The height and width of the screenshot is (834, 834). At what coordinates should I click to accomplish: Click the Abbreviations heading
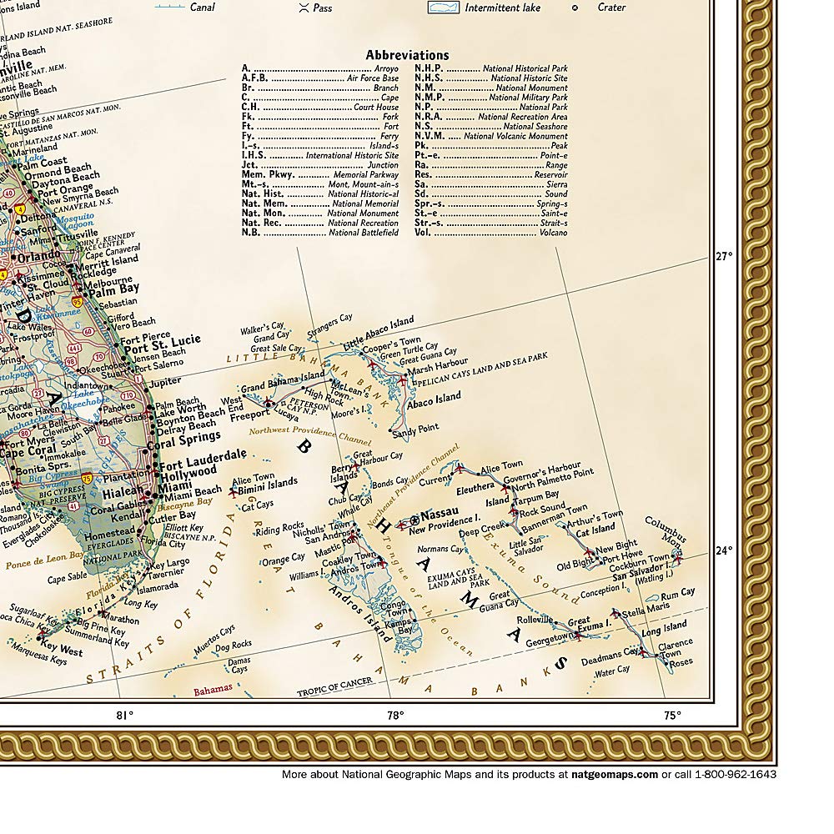[407, 55]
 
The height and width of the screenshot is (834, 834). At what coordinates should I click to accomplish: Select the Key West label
[61, 650]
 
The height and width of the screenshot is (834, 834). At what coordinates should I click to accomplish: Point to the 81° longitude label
[124, 715]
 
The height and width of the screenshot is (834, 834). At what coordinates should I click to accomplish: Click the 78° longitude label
[395, 715]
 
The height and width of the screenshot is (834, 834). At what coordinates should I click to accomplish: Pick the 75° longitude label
[672, 715]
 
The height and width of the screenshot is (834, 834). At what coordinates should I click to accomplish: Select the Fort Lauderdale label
[203, 455]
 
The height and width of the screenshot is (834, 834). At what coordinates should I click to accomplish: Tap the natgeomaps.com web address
[615, 774]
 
